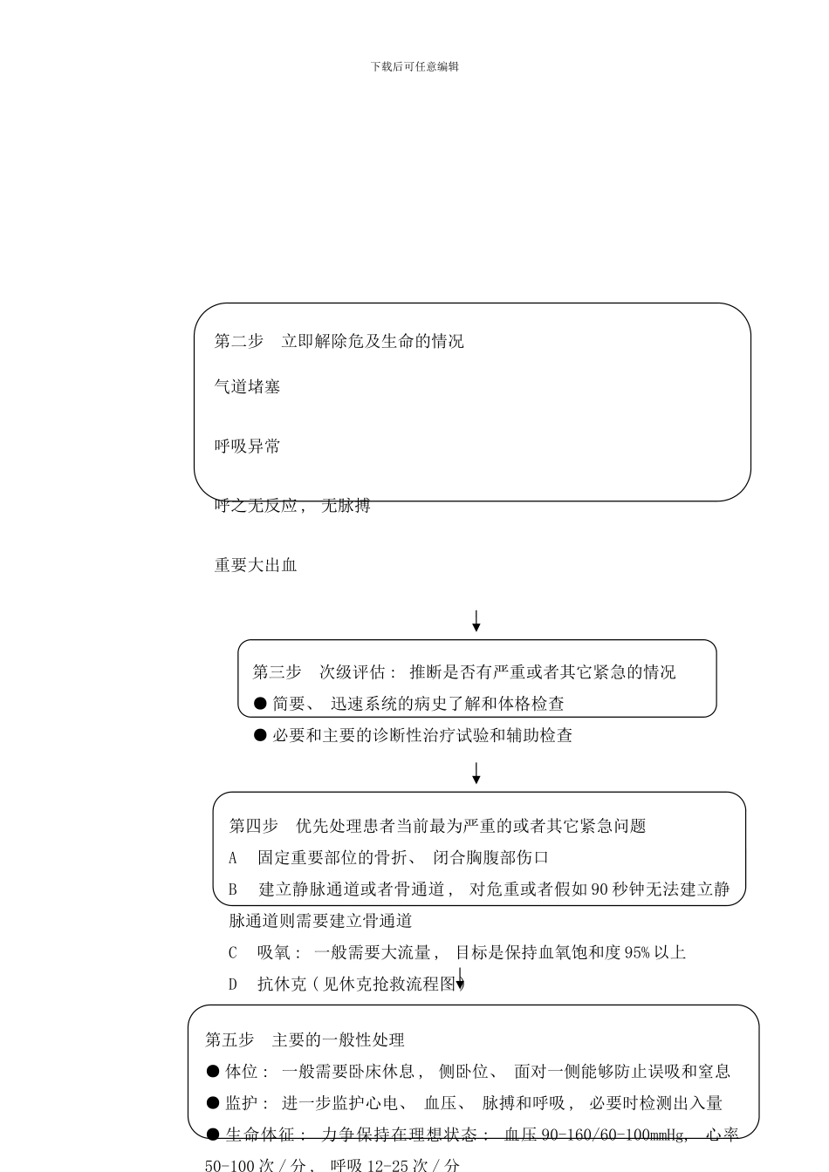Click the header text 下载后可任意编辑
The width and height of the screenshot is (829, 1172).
(x=414, y=66)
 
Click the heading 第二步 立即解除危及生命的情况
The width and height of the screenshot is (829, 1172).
(x=339, y=341)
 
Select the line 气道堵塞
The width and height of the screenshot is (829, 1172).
(x=248, y=386)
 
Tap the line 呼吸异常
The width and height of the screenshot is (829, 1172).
(x=248, y=446)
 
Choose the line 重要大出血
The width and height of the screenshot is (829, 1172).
(x=256, y=564)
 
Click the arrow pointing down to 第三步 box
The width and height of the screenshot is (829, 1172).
(x=476, y=621)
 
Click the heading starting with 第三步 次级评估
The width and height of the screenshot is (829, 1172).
(x=463, y=671)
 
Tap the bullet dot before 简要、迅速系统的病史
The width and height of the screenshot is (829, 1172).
(x=260, y=703)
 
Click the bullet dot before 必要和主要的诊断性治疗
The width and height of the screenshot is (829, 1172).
(x=260, y=735)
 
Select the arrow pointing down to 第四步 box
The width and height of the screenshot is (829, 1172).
(x=476, y=773)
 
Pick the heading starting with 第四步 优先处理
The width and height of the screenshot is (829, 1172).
(x=437, y=825)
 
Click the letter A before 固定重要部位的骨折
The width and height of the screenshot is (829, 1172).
(x=233, y=857)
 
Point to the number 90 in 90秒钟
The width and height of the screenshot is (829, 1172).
(x=599, y=889)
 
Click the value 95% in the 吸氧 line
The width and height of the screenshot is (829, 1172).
(x=637, y=952)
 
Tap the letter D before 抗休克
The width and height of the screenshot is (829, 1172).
(x=233, y=984)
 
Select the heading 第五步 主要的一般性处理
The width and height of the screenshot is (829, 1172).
(x=305, y=1039)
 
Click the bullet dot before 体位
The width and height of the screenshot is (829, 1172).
(x=213, y=1071)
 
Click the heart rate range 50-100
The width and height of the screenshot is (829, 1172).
(x=229, y=1165)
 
